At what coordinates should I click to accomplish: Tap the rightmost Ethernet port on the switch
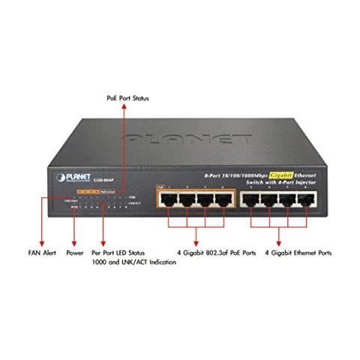click(x=304, y=200)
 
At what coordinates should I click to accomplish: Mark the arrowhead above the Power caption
click(x=73, y=242)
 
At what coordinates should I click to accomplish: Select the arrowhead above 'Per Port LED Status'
click(x=103, y=242)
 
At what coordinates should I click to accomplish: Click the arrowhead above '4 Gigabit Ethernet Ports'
click(x=278, y=242)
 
